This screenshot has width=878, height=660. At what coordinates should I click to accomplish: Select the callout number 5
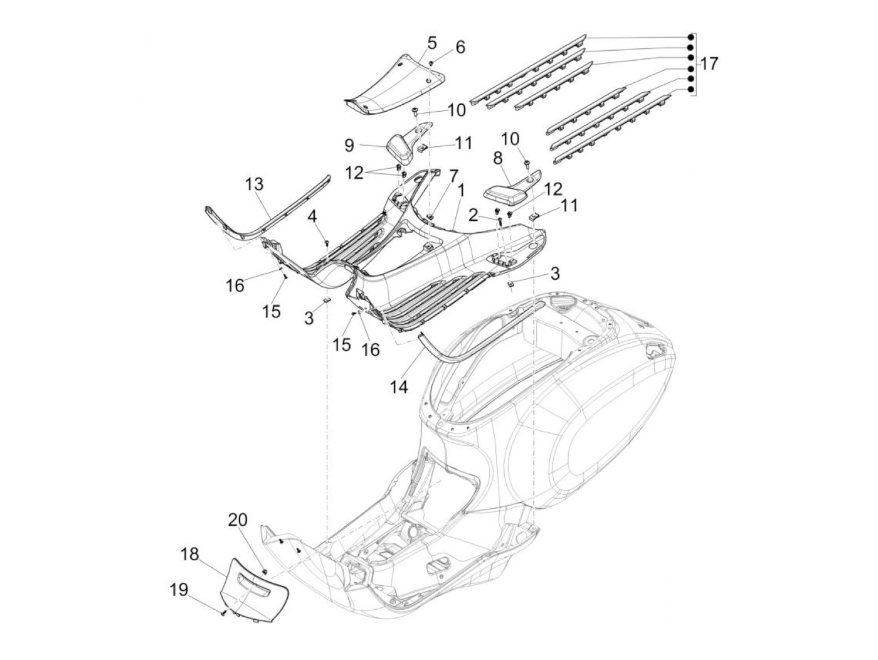tap(431, 43)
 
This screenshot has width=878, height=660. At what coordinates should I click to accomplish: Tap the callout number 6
tap(460, 47)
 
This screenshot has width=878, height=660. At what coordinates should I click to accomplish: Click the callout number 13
tap(255, 184)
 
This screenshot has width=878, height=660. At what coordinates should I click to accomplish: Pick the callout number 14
tap(399, 387)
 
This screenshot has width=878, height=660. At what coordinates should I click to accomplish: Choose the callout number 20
tap(238, 520)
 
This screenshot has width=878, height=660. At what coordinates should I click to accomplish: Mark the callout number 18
tap(190, 554)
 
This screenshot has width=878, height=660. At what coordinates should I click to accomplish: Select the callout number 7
tap(453, 176)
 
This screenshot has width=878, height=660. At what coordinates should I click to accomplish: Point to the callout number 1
tap(461, 188)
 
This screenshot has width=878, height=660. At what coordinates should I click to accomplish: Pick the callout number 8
tap(499, 157)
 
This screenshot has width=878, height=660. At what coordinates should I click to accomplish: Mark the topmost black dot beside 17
tap(690, 36)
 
